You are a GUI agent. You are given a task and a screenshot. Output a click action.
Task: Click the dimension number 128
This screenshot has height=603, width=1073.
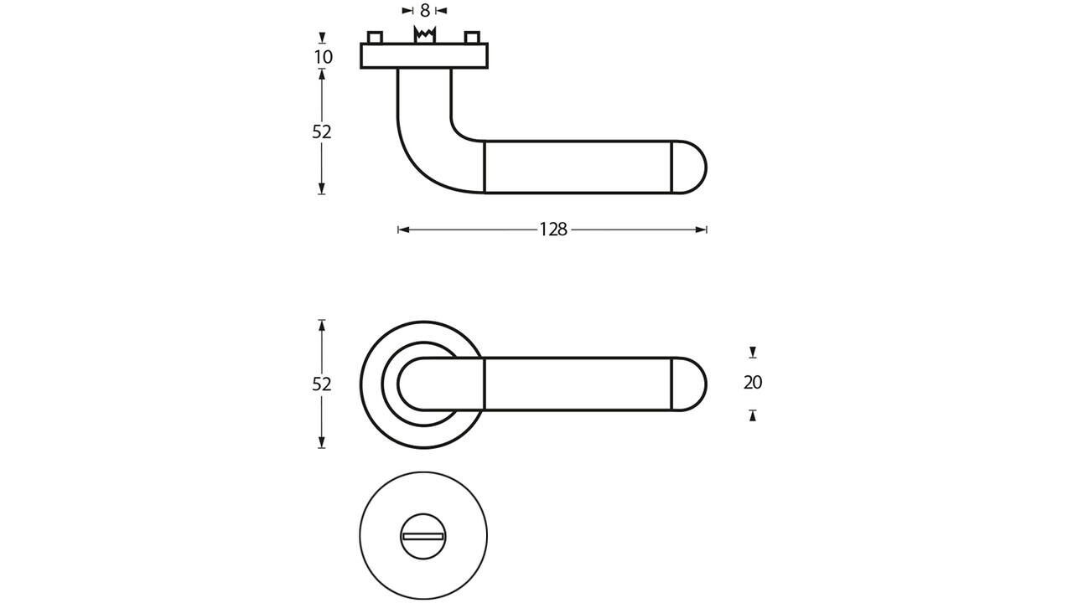[553, 229]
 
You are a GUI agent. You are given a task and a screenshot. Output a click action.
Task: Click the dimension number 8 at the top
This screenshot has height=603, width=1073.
[425, 11]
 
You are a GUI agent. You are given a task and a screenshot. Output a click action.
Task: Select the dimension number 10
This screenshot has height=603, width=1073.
[323, 57]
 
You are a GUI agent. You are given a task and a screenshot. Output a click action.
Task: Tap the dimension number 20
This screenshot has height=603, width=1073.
[753, 383]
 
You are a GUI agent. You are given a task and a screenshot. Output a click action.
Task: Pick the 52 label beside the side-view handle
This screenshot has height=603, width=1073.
[322, 132]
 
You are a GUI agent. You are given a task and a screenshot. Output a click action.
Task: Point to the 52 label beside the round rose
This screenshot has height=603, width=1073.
[322, 384]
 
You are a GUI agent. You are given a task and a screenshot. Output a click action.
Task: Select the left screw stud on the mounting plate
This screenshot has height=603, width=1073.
[375, 38]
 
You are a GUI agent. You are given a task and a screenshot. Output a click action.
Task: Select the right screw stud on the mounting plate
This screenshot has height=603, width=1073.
[473, 38]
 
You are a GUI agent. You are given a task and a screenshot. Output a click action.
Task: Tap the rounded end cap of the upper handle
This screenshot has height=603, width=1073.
[690, 167]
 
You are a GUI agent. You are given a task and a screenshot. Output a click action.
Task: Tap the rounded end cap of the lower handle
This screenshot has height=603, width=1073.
[690, 384]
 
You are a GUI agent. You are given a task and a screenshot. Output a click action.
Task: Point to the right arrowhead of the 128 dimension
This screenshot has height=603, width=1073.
[702, 229]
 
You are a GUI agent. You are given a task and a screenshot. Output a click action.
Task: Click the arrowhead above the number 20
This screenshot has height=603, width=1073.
[753, 353]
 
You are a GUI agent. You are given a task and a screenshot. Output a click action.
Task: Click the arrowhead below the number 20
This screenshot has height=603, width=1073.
[753, 415]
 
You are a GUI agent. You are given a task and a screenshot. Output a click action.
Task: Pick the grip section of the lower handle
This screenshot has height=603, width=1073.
[578, 384]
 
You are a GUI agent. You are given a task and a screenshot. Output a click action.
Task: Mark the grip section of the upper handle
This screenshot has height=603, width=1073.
[578, 167]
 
